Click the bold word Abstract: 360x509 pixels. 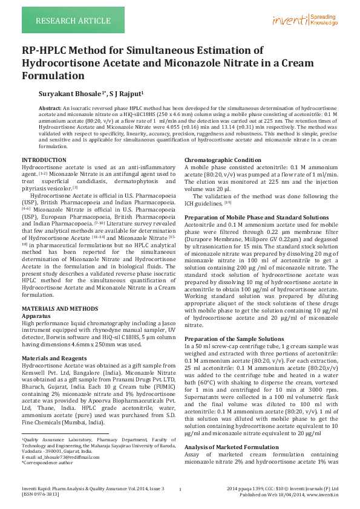pos(50,107)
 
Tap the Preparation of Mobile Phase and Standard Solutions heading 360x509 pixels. pos(257,217)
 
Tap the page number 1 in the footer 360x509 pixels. pos(180,489)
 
